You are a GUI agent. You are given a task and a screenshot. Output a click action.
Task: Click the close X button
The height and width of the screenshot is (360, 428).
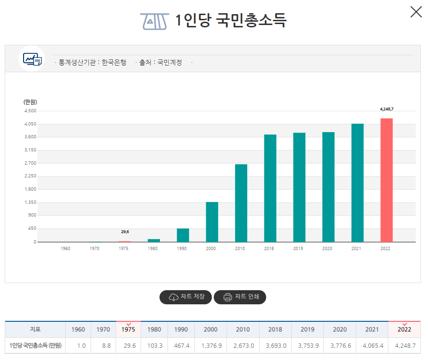416,12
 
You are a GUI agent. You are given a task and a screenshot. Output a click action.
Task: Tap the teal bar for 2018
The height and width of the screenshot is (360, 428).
270,188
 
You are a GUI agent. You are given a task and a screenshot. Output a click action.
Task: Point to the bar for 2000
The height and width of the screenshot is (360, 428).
212,222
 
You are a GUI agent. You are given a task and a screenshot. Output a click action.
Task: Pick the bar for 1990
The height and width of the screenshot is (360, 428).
183,235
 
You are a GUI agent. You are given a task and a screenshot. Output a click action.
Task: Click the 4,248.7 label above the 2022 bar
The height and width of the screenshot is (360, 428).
386,109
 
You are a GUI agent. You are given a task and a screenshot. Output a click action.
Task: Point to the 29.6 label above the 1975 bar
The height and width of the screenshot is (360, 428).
125,232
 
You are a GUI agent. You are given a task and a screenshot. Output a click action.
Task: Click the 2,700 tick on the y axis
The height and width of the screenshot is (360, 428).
30,163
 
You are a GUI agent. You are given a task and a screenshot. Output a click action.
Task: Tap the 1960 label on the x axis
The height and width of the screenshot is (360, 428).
66,249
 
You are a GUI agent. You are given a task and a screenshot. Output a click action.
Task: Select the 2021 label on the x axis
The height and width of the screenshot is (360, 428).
357,249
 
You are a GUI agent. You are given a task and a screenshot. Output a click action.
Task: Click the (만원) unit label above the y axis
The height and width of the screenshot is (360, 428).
30,102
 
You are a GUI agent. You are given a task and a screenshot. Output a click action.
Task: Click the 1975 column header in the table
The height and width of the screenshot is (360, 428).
128,330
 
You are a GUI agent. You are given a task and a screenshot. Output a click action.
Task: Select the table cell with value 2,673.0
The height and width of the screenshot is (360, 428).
243,346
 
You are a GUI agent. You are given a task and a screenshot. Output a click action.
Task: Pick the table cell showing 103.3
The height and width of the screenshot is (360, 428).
154,346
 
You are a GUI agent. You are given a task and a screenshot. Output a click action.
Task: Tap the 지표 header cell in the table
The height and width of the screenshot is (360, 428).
35,330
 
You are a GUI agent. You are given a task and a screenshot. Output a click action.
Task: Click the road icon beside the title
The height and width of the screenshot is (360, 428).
154,21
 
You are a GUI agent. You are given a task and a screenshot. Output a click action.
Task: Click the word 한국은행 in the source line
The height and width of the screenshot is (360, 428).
114,62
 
